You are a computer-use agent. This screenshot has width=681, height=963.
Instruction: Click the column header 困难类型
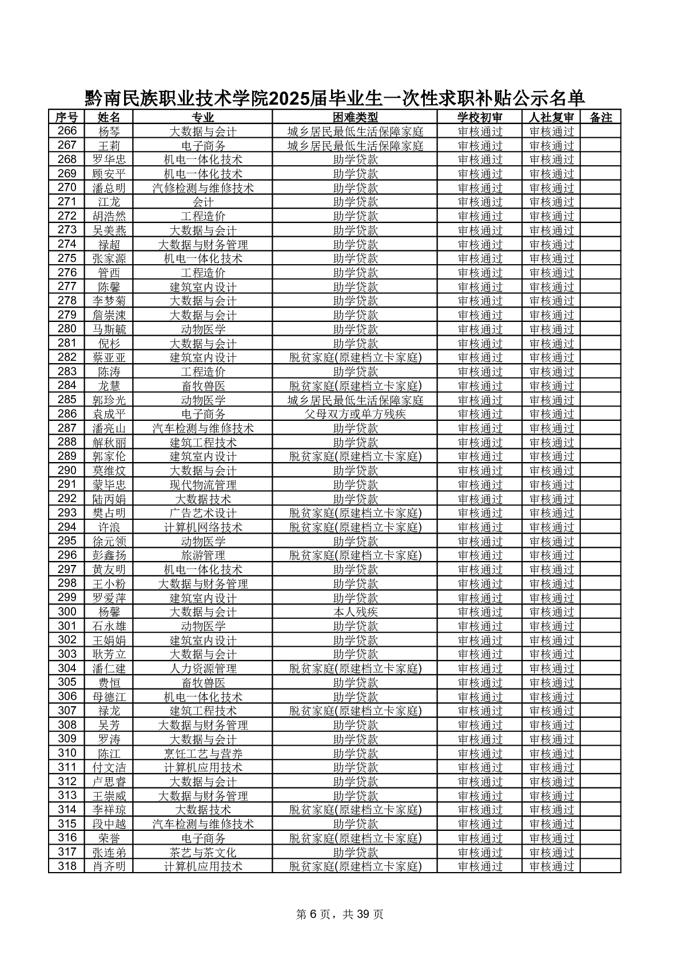point(355,117)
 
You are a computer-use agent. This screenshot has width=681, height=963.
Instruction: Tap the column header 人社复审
point(551,117)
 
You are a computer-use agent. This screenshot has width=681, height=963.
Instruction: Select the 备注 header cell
point(600,117)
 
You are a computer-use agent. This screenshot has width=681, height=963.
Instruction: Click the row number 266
point(67,131)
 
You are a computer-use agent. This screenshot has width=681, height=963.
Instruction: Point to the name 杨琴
point(109,132)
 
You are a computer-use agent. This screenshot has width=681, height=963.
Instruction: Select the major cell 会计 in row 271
point(203,202)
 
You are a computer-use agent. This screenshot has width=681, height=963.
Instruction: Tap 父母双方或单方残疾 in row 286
point(355,414)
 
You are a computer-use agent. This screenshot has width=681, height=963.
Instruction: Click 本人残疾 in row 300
point(355,612)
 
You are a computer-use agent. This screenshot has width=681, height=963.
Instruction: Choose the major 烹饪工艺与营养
point(203,754)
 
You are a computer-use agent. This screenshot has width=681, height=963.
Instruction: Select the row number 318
point(67,866)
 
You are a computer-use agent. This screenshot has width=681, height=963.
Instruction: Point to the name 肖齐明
point(109,866)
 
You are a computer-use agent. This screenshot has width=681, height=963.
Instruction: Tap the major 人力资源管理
point(203,668)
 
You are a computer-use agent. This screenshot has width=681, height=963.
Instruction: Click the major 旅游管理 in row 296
point(203,555)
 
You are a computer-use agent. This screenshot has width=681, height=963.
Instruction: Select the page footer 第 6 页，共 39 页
point(340,914)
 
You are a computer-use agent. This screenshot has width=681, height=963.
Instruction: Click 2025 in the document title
point(288,99)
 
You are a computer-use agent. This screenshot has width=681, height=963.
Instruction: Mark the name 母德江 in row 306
point(109,697)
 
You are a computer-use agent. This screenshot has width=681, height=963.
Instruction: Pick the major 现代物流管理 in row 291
point(203,485)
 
